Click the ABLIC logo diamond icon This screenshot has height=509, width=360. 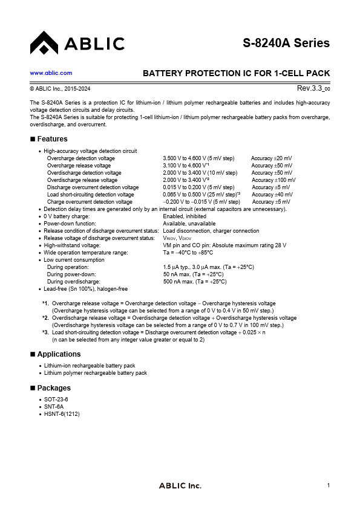click(x=43, y=42)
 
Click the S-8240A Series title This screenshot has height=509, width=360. click(x=286, y=43)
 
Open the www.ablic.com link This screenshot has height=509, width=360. click(x=51, y=73)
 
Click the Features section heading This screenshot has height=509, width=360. click(x=52, y=139)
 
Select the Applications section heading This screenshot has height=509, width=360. click(x=59, y=354)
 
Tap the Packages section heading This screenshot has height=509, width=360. click(x=54, y=388)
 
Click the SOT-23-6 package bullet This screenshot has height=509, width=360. click(x=56, y=400)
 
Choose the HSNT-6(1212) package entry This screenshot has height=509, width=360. click(x=62, y=414)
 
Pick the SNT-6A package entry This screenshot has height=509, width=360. click(x=54, y=407)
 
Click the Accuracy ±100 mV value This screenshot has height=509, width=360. click(x=273, y=180)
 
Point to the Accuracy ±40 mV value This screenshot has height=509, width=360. click(x=272, y=195)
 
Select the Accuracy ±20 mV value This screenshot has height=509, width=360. click(x=271, y=158)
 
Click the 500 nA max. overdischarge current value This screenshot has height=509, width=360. click(x=195, y=282)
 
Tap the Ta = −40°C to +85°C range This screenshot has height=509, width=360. click(x=188, y=253)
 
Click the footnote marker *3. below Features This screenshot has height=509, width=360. click(x=45, y=332)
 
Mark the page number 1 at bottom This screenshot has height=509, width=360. click(x=328, y=485)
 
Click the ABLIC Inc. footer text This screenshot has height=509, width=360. click(x=180, y=486)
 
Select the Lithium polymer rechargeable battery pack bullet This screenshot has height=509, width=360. click(x=96, y=373)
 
